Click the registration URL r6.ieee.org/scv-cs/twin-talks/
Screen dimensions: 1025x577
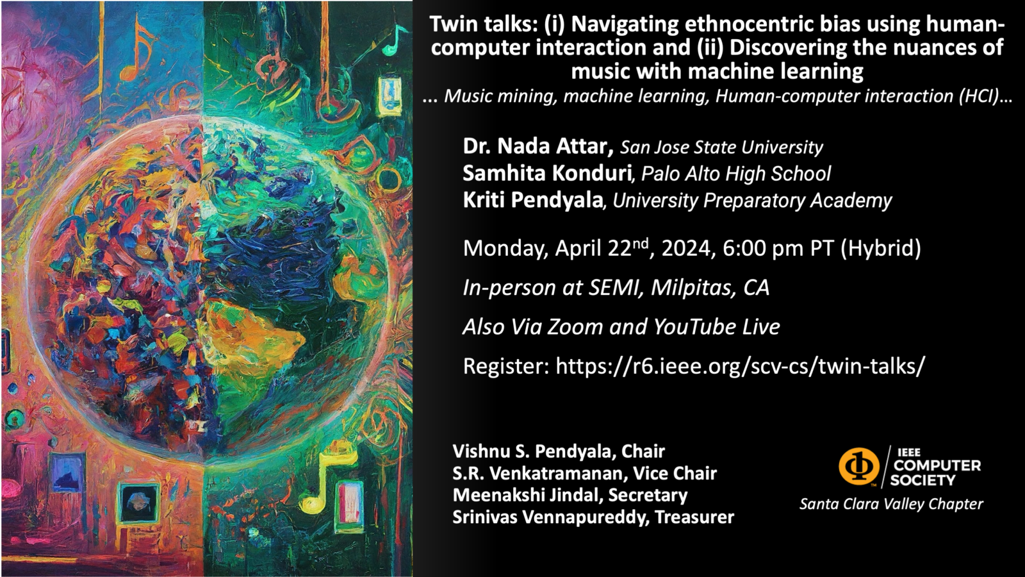[740, 366]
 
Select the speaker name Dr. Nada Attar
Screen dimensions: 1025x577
[538, 147]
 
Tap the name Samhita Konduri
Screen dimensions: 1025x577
[547, 173]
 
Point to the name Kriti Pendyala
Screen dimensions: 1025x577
[532, 200]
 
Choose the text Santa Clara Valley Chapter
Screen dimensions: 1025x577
[891, 504]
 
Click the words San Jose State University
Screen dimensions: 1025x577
[721, 147]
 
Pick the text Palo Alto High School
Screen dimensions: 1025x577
[736, 174]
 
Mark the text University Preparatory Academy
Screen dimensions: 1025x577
[752, 201]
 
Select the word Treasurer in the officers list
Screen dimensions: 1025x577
[694, 517]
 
